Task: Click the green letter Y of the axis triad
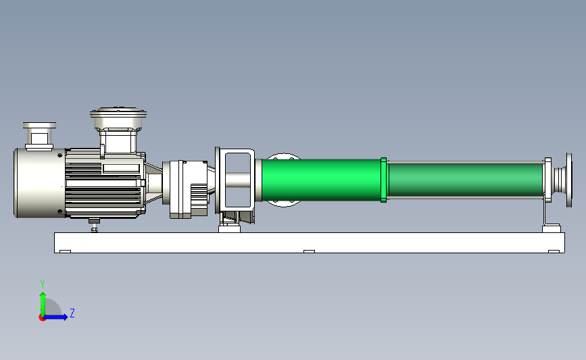(43, 284)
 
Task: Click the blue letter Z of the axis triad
(72, 313)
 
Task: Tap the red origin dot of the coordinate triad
(42, 318)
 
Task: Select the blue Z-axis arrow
(55, 317)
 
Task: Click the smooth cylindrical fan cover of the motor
(39, 182)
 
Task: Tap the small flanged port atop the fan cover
(39, 136)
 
